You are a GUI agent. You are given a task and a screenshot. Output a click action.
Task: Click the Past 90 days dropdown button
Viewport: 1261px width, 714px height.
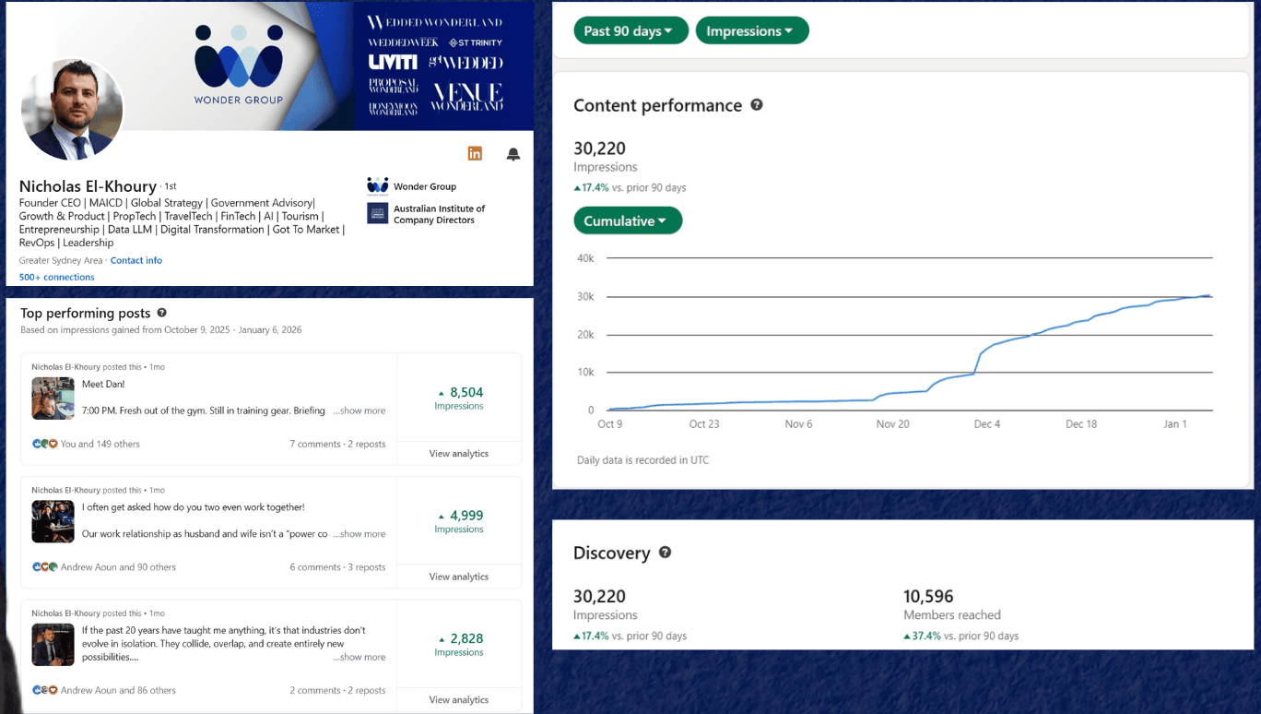pos(630,30)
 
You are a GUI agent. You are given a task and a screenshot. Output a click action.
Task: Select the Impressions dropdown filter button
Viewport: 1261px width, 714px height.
pos(751,30)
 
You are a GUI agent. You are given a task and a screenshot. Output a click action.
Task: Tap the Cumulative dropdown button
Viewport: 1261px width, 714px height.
pos(627,220)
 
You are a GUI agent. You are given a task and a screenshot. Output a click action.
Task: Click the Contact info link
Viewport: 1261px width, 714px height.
pos(136,260)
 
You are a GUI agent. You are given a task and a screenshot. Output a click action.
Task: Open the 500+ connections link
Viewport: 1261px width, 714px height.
pos(57,277)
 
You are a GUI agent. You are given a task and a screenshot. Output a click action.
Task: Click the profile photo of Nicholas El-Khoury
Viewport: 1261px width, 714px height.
pos(72,109)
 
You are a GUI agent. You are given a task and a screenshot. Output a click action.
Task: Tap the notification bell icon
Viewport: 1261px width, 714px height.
pos(513,154)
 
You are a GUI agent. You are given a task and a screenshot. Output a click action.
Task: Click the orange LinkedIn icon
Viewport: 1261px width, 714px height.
pos(475,153)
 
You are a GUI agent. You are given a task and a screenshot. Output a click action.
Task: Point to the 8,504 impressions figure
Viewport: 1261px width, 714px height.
pos(466,392)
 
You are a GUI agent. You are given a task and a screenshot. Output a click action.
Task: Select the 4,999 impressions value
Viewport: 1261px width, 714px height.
pos(466,516)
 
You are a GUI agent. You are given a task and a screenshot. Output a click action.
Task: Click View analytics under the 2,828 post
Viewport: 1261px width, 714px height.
pos(459,700)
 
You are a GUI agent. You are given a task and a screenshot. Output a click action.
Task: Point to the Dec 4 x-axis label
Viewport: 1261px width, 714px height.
pos(987,424)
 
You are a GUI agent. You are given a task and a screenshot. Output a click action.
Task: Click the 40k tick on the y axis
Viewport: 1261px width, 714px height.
pos(585,258)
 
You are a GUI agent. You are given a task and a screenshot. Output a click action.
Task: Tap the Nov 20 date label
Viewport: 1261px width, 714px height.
pos(892,424)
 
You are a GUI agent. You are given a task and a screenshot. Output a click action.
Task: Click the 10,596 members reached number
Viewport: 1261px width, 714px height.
pos(928,597)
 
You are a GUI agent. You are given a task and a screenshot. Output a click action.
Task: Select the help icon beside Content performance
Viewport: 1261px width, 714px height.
pos(757,105)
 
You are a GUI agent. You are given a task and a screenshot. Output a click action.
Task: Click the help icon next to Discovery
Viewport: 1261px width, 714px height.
pos(665,553)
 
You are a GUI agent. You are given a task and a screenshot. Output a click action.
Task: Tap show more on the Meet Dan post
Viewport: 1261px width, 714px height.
pos(359,411)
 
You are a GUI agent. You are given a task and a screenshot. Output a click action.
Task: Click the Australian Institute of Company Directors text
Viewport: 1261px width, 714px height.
pos(439,214)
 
